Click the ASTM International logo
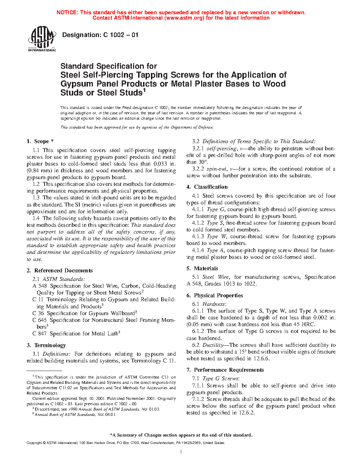(42, 39)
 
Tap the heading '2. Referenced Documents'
(59, 271)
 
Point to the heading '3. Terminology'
(46, 345)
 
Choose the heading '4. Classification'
(207, 187)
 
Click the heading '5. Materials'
(202, 268)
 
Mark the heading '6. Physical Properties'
(215, 296)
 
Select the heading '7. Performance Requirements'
(225, 370)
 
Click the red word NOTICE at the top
(67, 12)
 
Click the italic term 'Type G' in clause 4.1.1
(216, 209)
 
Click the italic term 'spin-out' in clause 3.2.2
(216, 169)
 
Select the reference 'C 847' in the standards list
(40, 334)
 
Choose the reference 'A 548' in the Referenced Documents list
(40, 286)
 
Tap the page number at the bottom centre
(181, 451)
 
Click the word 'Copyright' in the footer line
(34, 443)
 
